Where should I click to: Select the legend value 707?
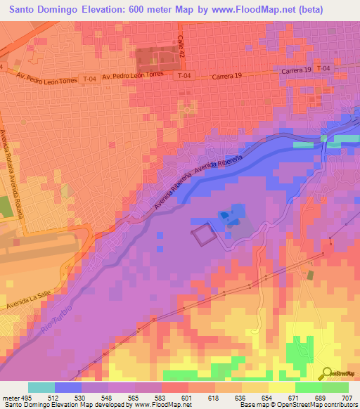347,398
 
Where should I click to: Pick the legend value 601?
187,398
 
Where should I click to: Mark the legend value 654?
267,398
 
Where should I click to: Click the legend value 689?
320,398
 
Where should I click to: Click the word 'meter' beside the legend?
10,398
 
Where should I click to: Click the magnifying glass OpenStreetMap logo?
326,373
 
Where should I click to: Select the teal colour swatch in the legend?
41,387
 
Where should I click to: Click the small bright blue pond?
224,215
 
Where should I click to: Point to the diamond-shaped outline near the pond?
202,234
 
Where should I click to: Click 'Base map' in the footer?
255,405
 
